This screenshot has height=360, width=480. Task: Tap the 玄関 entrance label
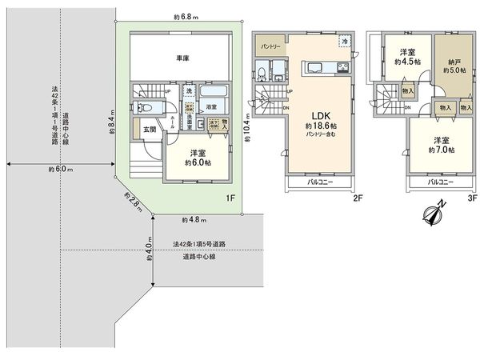click(x=150, y=128)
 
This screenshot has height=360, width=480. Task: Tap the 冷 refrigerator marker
click(x=344, y=41)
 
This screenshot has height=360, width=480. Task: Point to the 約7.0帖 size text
click(x=439, y=150)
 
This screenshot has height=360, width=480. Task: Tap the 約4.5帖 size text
click(x=406, y=62)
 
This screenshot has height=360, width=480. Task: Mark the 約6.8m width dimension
click(x=186, y=16)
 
